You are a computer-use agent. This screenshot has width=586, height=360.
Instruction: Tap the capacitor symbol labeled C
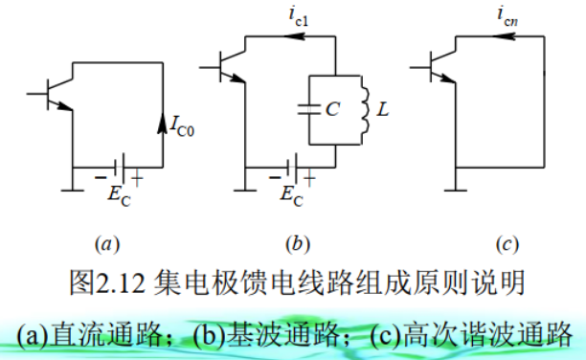pos(310,107)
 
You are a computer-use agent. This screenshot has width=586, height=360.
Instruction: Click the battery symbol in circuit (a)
pos(114,165)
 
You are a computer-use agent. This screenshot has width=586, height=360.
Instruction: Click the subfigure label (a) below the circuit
pos(107,245)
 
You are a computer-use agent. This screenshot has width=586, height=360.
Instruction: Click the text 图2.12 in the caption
pos(107,283)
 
